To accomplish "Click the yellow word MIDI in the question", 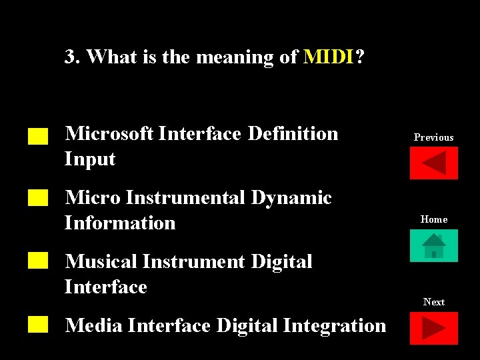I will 329,57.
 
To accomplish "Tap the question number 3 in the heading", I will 69,57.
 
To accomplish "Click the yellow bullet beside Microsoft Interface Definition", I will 39,137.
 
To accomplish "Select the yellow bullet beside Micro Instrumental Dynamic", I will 39,197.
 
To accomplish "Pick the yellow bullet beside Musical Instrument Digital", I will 39,261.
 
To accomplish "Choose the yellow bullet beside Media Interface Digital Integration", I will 39,325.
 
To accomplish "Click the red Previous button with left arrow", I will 433,163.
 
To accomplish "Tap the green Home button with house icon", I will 433,245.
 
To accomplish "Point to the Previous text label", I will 433,137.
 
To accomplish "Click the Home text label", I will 433,219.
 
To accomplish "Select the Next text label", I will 433,302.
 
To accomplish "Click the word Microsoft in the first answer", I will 109,134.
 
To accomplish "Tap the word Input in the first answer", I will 90,159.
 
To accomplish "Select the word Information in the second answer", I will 120,223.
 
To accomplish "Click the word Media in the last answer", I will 93,325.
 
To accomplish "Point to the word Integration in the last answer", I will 335,325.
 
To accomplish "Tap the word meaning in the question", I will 234,58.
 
